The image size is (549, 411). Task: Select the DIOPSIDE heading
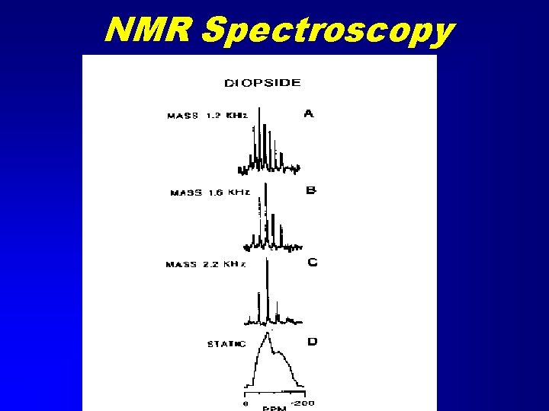pyautogui.click(x=262, y=82)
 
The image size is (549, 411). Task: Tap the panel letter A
pyautogui.click(x=309, y=114)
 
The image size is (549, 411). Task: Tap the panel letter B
pyautogui.click(x=310, y=190)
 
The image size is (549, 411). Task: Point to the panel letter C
pyautogui.click(x=312, y=263)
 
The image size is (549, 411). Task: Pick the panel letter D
pyautogui.click(x=312, y=342)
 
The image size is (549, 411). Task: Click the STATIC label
pyautogui.click(x=226, y=344)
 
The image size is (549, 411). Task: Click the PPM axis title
pyautogui.click(x=274, y=409)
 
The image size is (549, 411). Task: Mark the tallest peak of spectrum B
pyautogui.click(x=265, y=185)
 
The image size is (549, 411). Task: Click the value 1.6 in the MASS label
pyautogui.click(x=216, y=193)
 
